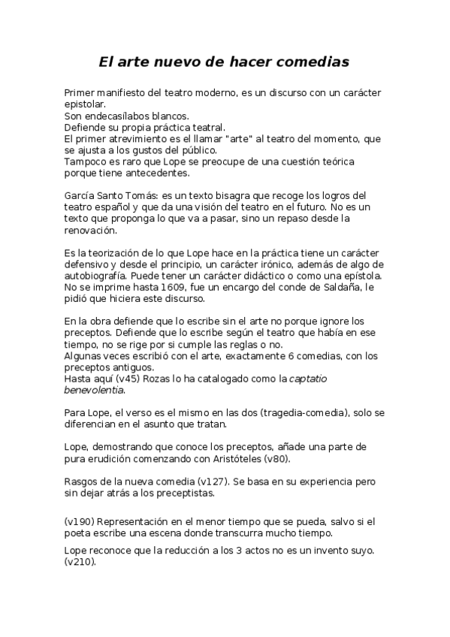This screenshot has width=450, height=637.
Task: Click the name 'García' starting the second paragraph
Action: (x=81, y=195)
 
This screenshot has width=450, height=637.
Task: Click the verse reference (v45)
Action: (x=128, y=379)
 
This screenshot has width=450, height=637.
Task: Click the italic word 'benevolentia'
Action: (x=94, y=390)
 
